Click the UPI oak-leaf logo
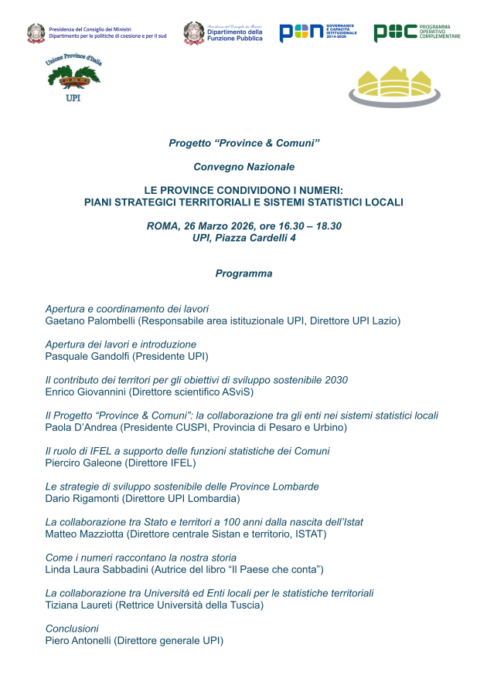pos(73,79)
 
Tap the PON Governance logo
pos(318,32)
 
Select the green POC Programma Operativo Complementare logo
pos(417,32)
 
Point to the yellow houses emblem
pos(394,85)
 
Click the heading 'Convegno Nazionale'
pos(243,166)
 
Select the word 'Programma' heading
pos(243,273)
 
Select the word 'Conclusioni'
pos(72,629)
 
